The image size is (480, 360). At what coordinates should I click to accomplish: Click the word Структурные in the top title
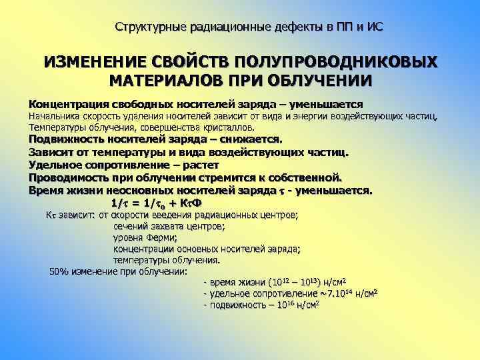[148, 27]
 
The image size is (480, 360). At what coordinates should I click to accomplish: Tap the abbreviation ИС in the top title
[375, 27]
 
